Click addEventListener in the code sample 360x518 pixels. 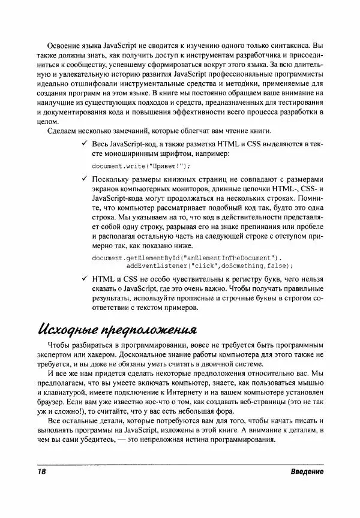click(160, 265)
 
